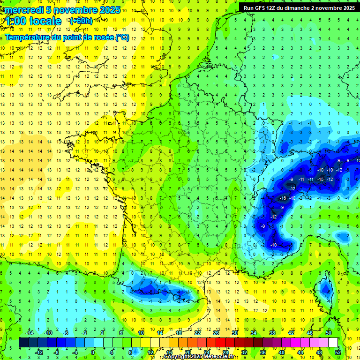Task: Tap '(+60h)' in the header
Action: point(81,21)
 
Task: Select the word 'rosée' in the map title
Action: point(102,37)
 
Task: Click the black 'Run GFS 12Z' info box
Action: point(299,7)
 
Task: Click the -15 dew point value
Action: point(320,180)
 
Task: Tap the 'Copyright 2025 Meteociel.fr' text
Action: point(199,357)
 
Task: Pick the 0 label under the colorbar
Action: point(92,352)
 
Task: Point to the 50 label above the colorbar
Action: point(329,333)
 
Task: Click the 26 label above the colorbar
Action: point(216,333)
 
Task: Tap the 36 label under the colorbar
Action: point(263,352)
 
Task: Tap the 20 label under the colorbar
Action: point(187,352)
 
